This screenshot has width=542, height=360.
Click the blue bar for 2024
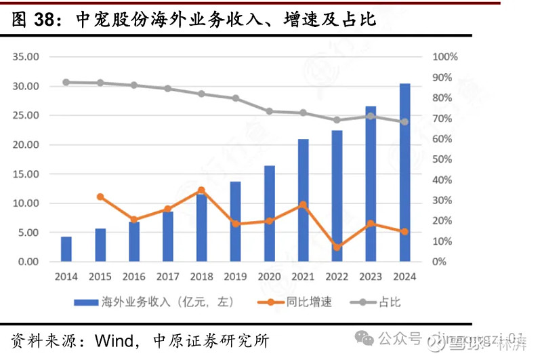tap(404, 172)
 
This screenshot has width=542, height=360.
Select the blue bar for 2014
tap(66, 249)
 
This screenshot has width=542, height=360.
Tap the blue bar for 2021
tap(303, 200)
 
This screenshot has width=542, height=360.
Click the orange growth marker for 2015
tap(100, 197)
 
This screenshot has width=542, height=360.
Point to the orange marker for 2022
tap(337, 247)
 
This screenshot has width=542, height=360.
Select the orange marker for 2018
tap(201, 191)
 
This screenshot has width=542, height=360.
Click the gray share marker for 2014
tap(66, 82)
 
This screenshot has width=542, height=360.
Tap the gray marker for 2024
tap(404, 122)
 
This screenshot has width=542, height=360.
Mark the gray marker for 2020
tap(269, 111)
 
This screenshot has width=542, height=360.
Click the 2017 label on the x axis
tap(167, 276)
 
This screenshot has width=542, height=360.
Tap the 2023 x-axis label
tap(371, 276)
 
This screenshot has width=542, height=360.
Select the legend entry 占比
tap(390, 302)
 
